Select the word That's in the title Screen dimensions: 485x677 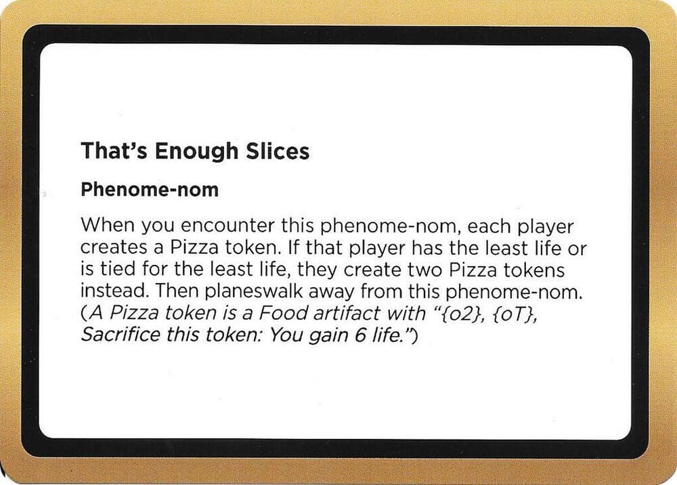pyautogui.click(x=115, y=151)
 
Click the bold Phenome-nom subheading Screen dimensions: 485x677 pyautogui.click(x=149, y=190)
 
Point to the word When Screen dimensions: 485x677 pyautogui.click(x=102, y=226)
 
